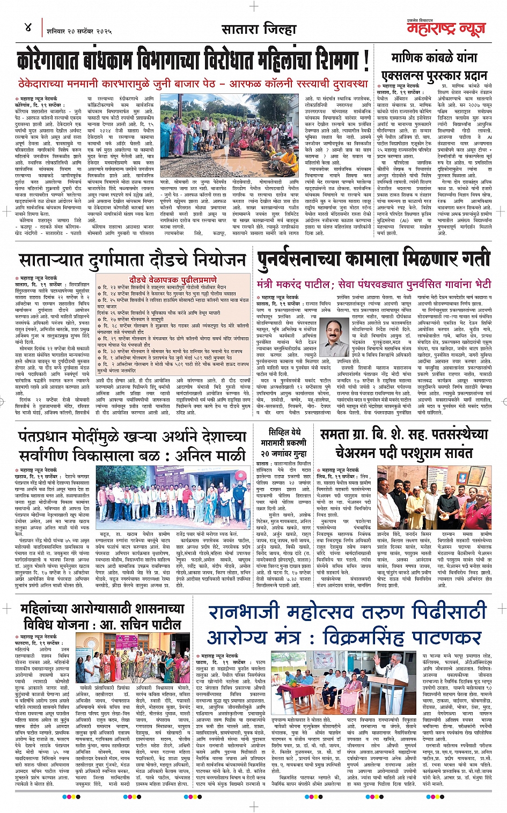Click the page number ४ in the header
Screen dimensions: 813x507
28,27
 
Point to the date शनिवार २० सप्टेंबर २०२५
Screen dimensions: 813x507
79,31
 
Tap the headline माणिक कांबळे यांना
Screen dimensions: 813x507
434,57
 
